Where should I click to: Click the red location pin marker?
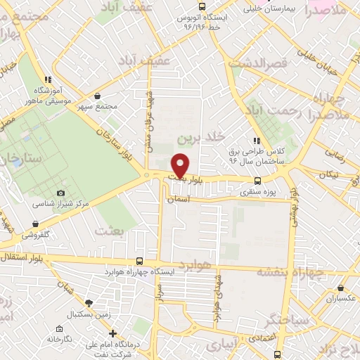(181, 165)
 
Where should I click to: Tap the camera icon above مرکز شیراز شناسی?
(60, 193)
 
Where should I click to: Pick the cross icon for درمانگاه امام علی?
(113, 333)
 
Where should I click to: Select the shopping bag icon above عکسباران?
(341, 288)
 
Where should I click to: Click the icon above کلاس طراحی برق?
(257, 140)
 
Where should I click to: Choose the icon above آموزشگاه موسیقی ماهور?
(48, 79)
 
